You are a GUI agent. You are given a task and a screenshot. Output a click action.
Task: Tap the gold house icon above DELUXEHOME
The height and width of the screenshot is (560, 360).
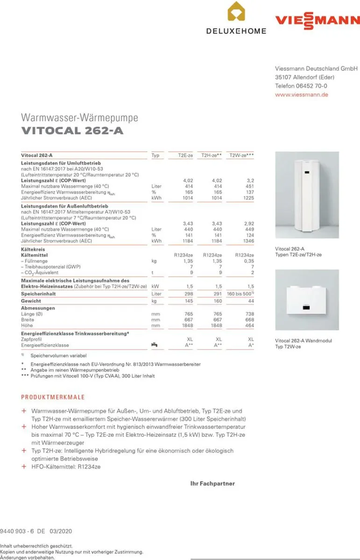236,12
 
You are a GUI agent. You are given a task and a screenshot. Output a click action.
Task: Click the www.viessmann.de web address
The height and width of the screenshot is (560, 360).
302,95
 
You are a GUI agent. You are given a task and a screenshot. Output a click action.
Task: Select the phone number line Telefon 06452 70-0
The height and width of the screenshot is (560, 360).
301,86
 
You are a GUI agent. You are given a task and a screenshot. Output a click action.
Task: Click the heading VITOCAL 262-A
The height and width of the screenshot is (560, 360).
72,131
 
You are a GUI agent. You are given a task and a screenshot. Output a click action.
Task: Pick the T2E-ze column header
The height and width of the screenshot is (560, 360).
185,155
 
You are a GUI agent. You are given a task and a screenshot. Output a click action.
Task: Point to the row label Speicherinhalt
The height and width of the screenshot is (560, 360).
38,294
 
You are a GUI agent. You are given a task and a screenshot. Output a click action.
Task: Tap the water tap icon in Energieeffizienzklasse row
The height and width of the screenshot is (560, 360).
154,345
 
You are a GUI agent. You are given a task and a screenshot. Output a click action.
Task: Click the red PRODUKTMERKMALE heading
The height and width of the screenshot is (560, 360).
53,397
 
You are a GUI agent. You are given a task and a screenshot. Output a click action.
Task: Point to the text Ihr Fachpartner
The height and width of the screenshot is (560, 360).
212,483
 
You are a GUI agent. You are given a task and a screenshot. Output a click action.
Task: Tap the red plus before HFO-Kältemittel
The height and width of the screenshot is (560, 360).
24,467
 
